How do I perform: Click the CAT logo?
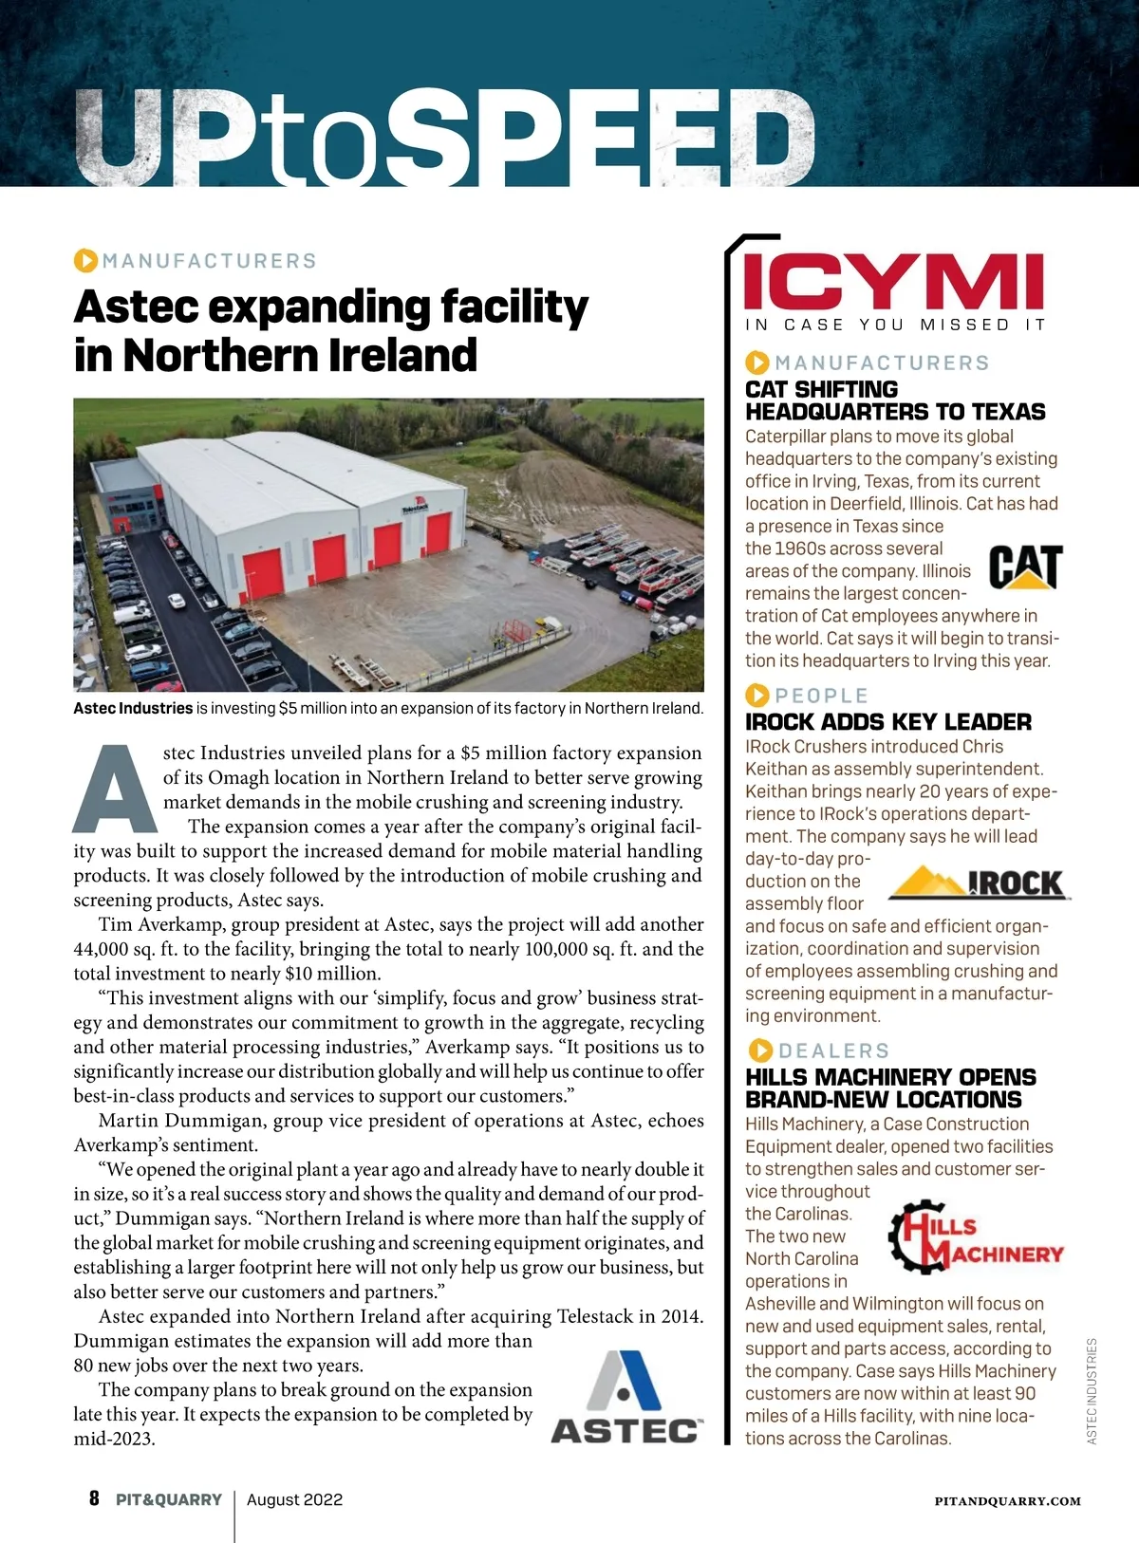coord(1025,567)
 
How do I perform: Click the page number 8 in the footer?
coord(94,1499)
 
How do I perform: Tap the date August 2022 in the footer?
coord(294,1500)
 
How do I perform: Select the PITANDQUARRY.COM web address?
coord(1007,1501)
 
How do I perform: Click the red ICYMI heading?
coord(893,281)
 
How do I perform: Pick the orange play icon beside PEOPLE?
coord(757,696)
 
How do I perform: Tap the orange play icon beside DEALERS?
coord(760,1050)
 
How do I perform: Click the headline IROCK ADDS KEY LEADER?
coord(887,722)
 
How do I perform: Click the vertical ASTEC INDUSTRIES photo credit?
coord(1092,1391)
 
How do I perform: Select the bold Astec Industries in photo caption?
coord(133,708)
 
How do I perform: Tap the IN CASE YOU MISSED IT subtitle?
coord(894,325)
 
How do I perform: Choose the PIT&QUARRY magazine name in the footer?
coord(169,1500)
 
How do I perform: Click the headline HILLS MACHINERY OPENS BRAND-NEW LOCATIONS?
coord(890,1088)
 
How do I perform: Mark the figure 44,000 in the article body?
coord(107,949)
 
